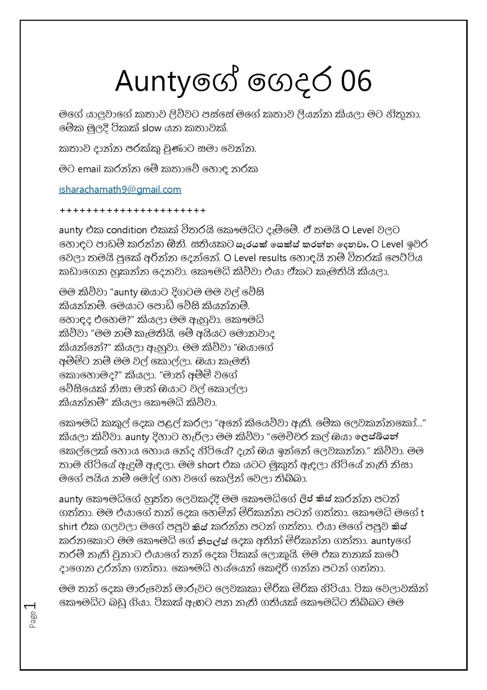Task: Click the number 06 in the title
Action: pyautogui.click(x=355, y=82)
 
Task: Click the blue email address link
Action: pyautogui.click(x=120, y=189)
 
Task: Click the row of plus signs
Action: pyautogui.click(x=132, y=210)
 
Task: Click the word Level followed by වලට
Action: pyautogui.click(x=370, y=230)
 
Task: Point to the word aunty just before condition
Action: pyautogui.click(x=71, y=230)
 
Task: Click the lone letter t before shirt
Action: pyautogui.click(x=422, y=513)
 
